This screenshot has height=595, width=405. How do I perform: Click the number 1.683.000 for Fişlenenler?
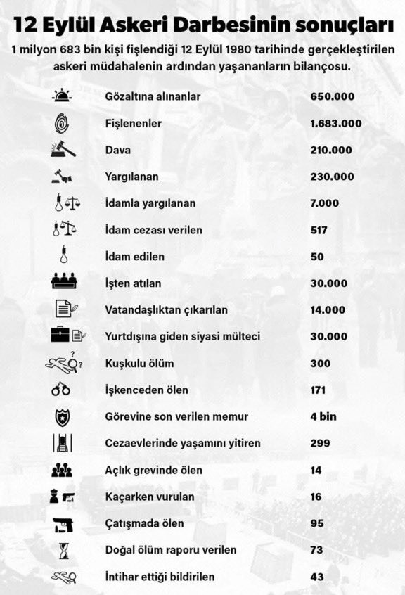[x=335, y=123]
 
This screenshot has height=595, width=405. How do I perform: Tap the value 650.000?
[x=332, y=96]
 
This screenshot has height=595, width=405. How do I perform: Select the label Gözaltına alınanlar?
[x=153, y=96]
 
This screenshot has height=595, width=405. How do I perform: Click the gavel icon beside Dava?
[x=63, y=149]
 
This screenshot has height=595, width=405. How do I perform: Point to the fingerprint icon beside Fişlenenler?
[x=62, y=123]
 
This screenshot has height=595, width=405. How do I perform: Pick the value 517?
[x=319, y=230]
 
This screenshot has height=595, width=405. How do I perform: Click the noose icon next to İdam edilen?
[x=62, y=256]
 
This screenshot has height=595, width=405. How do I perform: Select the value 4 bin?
[x=323, y=416]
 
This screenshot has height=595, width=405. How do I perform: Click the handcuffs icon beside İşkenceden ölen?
[x=62, y=390]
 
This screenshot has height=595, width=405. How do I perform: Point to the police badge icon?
[x=62, y=416]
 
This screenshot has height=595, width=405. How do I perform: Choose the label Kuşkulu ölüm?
[x=139, y=363]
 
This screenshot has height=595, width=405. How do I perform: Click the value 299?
[x=320, y=443]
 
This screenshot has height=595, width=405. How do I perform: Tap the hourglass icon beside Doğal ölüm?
[x=62, y=549]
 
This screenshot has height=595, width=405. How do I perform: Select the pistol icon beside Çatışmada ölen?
[x=62, y=523]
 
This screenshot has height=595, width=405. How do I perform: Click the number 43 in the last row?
[x=317, y=577]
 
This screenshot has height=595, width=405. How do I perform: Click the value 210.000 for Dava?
[x=332, y=150]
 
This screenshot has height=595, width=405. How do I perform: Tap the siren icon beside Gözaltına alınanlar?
[x=62, y=96]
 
